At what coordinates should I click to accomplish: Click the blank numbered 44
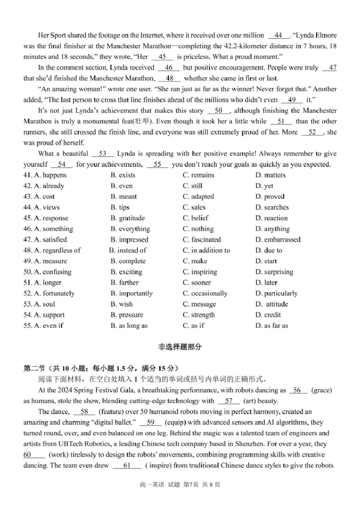pyautogui.click(x=278, y=35)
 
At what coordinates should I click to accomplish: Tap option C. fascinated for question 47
pyautogui.click(x=202, y=240)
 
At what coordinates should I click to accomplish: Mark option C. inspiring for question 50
pyautogui.click(x=200, y=272)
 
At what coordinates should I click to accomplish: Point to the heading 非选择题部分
pyautogui.click(x=180, y=347)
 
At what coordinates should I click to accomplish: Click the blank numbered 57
pyautogui.click(x=229, y=401)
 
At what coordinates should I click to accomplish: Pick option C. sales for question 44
pyautogui.click(x=194, y=207)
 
